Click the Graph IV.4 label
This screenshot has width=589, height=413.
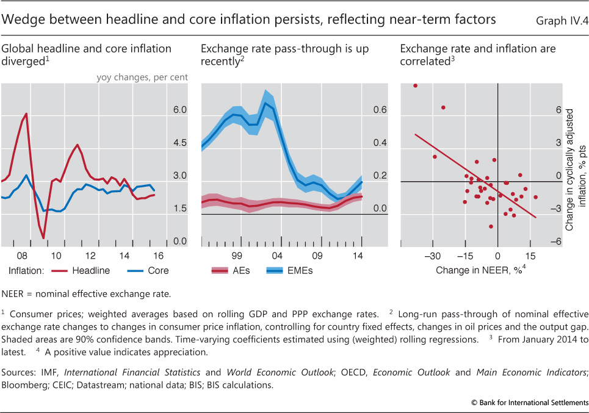[x=562, y=21]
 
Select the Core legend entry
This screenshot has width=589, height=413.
[x=157, y=270]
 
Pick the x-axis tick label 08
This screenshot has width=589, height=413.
[x=22, y=256]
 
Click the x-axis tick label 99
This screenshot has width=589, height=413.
[x=237, y=256]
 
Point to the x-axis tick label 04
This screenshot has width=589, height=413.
[x=277, y=256]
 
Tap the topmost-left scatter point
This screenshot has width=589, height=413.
[x=415, y=85]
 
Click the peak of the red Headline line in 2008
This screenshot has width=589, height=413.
[x=26, y=113]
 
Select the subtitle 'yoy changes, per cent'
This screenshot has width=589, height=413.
[x=142, y=77]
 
